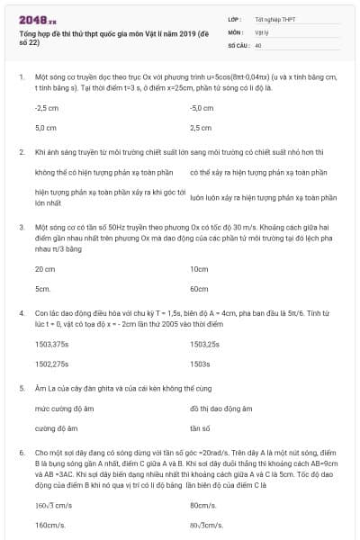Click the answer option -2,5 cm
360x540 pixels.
[x=46, y=107]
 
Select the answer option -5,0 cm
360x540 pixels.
[x=202, y=107]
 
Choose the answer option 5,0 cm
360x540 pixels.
[x=45, y=128]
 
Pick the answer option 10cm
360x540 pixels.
[x=200, y=269]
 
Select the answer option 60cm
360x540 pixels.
[x=200, y=289]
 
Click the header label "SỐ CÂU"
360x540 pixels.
[x=238, y=44]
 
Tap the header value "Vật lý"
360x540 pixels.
[x=263, y=31]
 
